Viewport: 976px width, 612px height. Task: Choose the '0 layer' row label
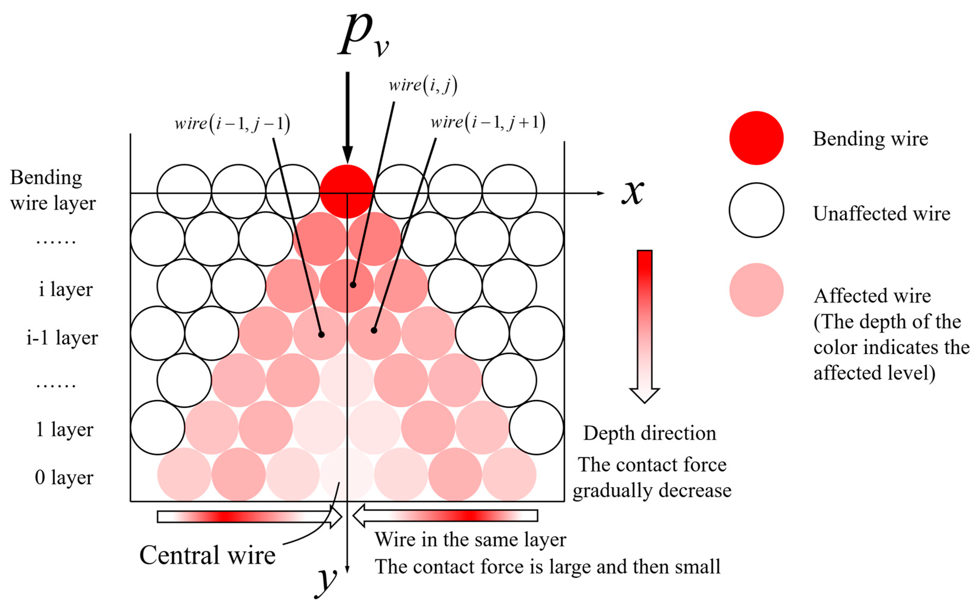pyautogui.click(x=64, y=477)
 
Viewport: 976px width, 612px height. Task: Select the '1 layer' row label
pyautogui.click(x=65, y=429)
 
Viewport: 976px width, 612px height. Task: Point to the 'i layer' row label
pyautogui.click(x=66, y=289)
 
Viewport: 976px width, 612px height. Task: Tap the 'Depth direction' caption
pyautogui.click(x=650, y=433)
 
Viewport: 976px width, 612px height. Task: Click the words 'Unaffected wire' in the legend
pyautogui.click(x=881, y=213)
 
